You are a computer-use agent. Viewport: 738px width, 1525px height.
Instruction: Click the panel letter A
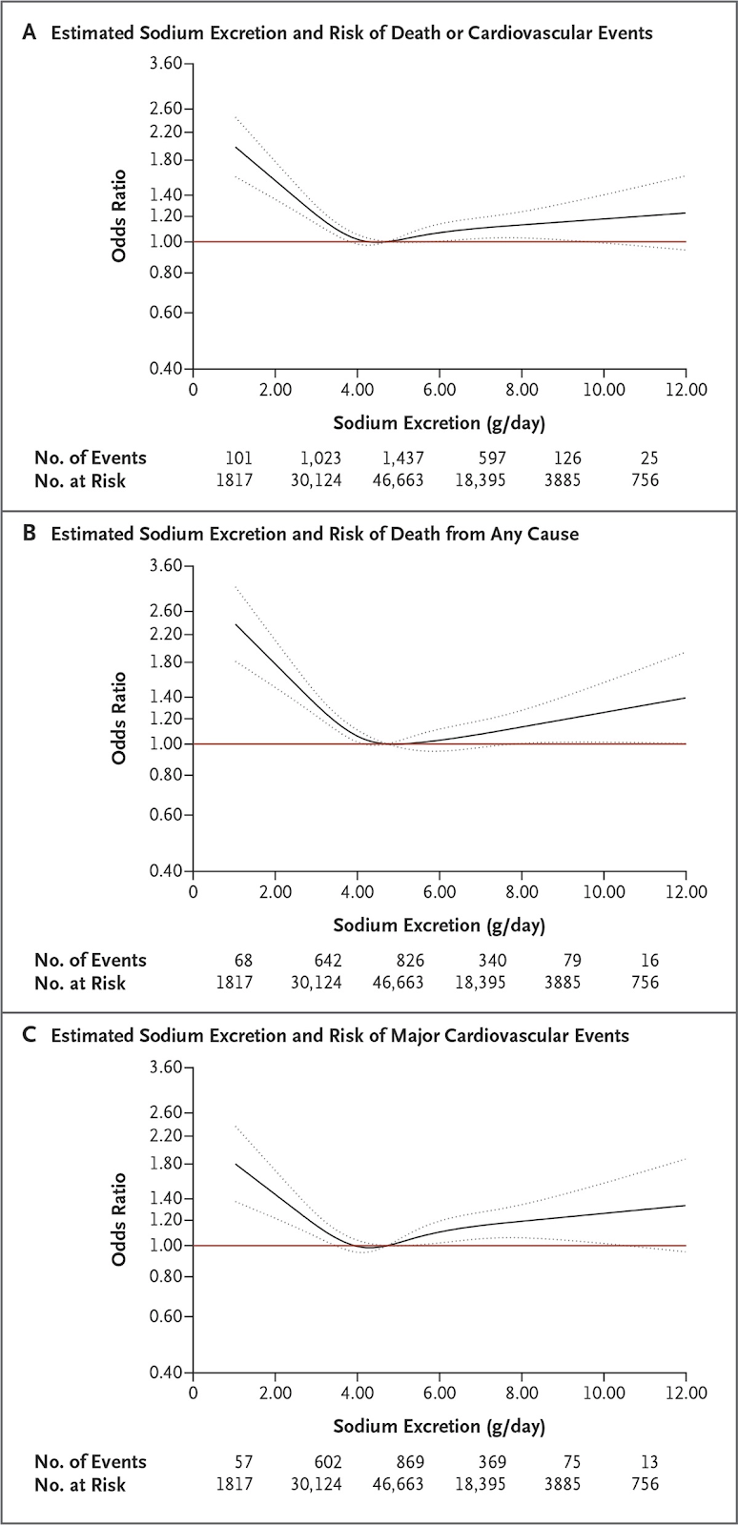click(x=31, y=32)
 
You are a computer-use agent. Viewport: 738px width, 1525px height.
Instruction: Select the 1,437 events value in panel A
click(x=399, y=457)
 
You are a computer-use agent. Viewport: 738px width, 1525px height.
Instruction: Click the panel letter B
click(x=30, y=534)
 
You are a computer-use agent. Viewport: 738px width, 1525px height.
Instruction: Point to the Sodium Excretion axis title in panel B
click(x=440, y=925)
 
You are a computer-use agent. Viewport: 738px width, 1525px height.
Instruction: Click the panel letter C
click(x=31, y=1035)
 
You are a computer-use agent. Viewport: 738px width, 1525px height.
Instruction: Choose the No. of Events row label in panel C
click(x=91, y=1461)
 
